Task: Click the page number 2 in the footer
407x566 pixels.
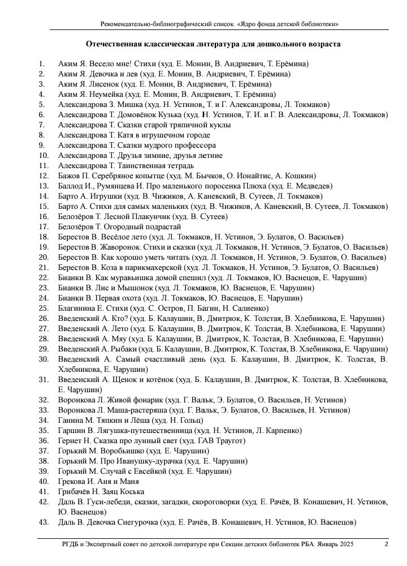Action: tap(386, 544)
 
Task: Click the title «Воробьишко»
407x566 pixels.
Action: tap(121, 451)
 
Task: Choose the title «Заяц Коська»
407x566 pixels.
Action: tap(122, 491)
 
